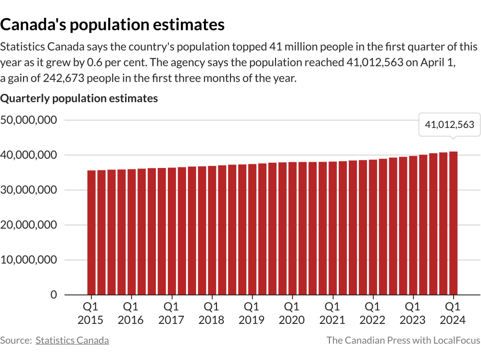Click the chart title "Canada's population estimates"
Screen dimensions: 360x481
point(113,24)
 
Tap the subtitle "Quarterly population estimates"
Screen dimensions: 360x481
point(79,99)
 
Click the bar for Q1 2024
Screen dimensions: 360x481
point(453,223)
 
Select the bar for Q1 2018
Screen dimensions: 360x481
point(212,230)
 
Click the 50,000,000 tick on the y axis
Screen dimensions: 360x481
point(29,120)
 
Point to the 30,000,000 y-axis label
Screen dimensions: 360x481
point(29,190)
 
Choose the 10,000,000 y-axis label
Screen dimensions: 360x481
point(29,260)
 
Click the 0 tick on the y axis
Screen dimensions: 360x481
point(53,295)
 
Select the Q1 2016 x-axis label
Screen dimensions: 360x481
point(131,313)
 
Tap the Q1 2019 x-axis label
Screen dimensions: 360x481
point(251,313)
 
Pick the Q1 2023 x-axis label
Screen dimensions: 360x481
point(412,313)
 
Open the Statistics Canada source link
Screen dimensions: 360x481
point(72,340)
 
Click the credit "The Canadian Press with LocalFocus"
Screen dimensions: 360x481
point(403,340)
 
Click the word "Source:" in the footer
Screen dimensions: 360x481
point(16,340)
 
